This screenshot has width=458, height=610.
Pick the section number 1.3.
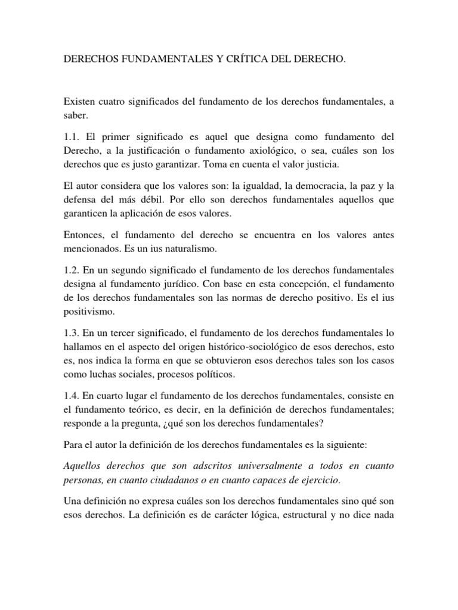pyautogui.click(x=72, y=332)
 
